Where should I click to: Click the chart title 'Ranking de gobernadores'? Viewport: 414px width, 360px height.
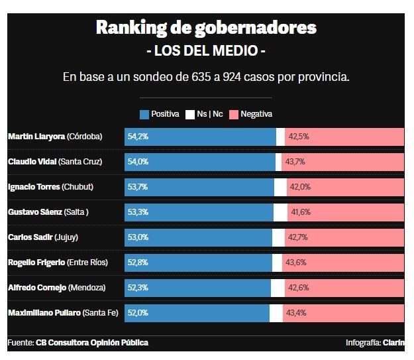click(x=206, y=28)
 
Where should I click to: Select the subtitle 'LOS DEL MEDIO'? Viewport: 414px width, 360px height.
click(x=206, y=50)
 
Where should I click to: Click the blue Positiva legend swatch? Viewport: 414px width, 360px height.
click(x=144, y=114)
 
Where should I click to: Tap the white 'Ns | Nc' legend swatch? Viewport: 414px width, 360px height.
click(x=189, y=114)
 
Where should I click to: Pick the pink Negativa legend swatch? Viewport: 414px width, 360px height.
click(x=233, y=114)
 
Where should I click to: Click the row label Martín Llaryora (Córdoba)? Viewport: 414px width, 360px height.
click(x=55, y=137)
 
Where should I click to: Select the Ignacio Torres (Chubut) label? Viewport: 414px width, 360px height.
click(x=50, y=187)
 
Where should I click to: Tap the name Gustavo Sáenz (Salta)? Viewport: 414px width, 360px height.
click(x=48, y=212)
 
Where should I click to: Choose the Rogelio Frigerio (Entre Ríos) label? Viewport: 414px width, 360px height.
click(x=58, y=263)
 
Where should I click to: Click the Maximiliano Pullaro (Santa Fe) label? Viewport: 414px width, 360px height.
click(x=63, y=313)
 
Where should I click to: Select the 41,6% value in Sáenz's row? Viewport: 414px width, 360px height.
click(x=300, y=212)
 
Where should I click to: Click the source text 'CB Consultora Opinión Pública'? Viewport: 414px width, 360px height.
click(x=92, y=343)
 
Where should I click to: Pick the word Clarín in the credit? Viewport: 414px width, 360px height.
click(x=393, y=343)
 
